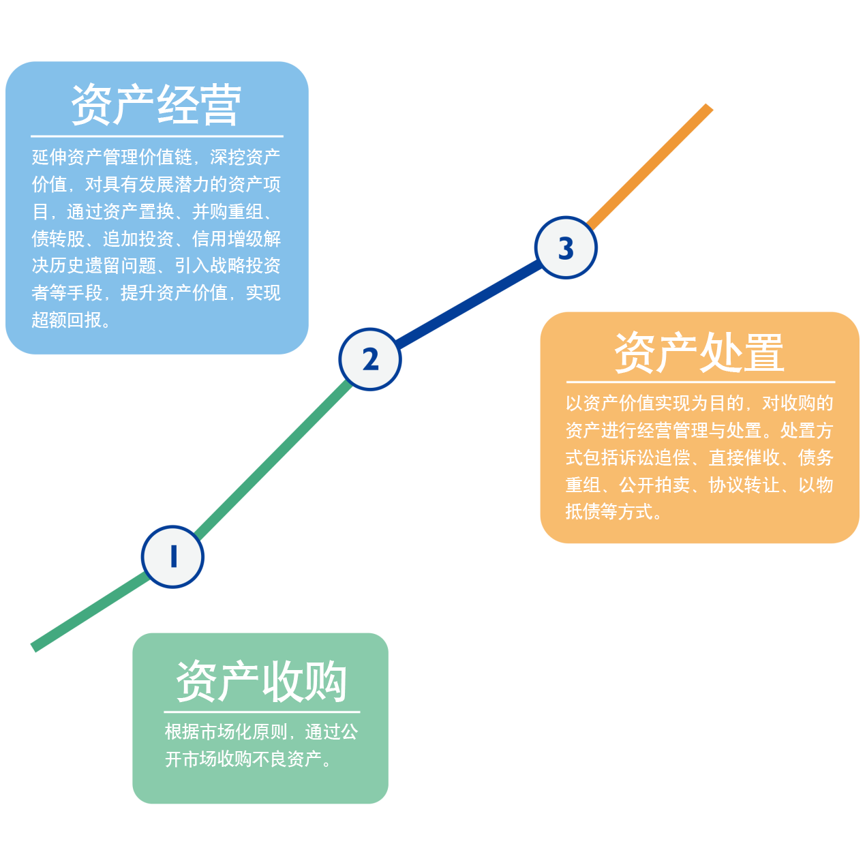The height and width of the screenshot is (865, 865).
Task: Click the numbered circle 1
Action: (x=172, y=556)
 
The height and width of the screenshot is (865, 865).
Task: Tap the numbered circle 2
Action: (x=370, y=359)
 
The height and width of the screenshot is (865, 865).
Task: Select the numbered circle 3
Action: (x=566, y=248)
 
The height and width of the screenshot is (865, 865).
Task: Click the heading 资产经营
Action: (x=156, y=105)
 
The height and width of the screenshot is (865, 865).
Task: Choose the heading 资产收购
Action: (x=261, y=681)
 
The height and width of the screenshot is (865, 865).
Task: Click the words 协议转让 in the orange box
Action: (x=744, y=485)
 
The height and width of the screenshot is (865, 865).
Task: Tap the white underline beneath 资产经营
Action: (x=156, y=136)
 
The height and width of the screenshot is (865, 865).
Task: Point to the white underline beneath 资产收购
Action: (x=261, y=712)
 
